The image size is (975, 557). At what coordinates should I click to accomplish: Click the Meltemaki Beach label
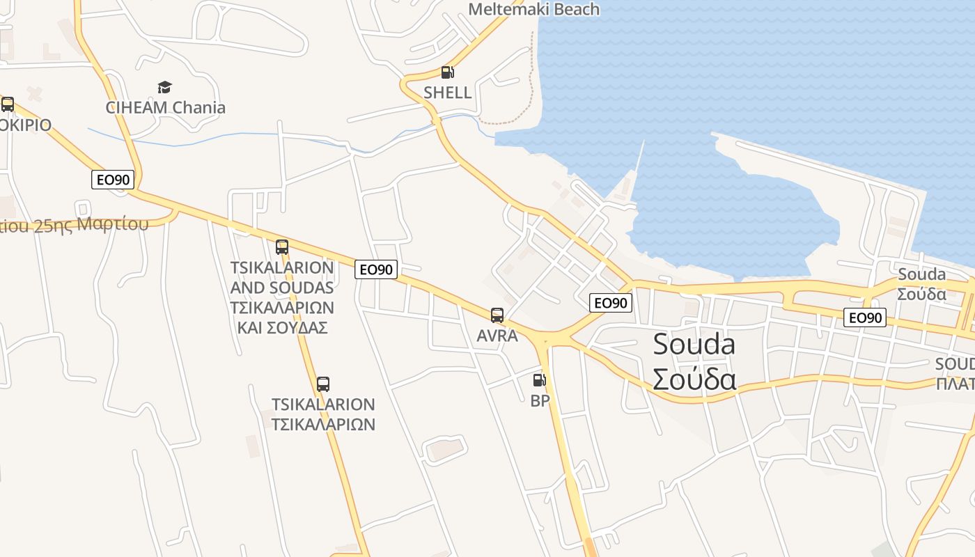pyautogui.click(x=533, y=9)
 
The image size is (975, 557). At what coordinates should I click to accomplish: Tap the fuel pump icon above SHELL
pyautogui.click(x=447, y=72)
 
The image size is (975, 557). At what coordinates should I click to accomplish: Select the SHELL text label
pyautogui.click(x=447, y=93)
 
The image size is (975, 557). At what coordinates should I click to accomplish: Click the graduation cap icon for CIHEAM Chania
pyautogui.click(x=164, y=87)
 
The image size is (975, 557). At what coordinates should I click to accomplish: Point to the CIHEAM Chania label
pyautogui.click(x=166, y=107)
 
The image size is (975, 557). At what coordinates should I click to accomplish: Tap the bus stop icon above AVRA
pyautogui.click(x=497, y=315)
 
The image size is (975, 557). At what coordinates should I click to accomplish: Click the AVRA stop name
pyautogui.click(x=497, y=336)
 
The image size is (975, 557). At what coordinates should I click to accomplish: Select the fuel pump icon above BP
pyautogui.click(x=539, y=380)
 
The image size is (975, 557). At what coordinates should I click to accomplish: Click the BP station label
pyautogui.click(x=540, y=400)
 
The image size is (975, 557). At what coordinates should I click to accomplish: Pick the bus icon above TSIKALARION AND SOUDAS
pyautogui.click(x=281, y=246)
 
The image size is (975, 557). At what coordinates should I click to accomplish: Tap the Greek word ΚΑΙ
pyautogui.click(x=250, y=327)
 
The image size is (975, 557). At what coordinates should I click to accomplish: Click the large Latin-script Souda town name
pyautogui.click(x=694, y=345)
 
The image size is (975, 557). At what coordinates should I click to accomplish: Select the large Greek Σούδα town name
pyautogui.click(x=694, y=379)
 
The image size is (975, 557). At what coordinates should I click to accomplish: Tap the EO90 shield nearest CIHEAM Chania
pyautogui.click(x=112, y=180)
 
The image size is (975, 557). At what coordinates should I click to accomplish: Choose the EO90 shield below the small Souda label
pyautogui.click(x=865, y=317)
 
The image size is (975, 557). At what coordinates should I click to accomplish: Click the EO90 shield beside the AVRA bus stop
pyautogui.click(x=611, y=302)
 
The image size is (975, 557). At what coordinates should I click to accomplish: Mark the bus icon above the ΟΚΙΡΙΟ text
pyautogui.click(x=8, y=104)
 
